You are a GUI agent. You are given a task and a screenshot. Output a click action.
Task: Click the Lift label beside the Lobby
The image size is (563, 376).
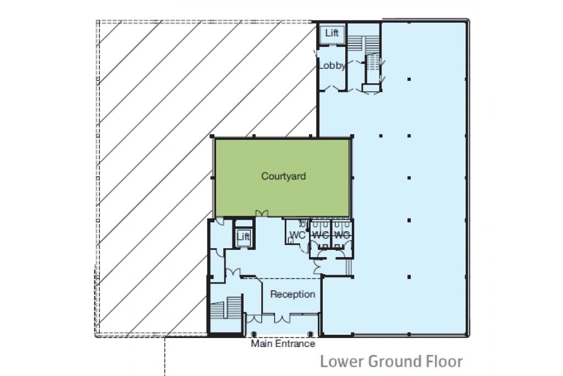pos(332,33)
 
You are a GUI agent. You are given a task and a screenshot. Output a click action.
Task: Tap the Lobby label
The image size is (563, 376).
pos(332,66)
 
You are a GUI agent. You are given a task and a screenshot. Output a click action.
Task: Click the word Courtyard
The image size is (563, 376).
pos(284,176)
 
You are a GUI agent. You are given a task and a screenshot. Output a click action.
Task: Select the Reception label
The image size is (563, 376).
pos(292,295)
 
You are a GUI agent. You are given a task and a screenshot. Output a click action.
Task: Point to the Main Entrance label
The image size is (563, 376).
pos(283,344)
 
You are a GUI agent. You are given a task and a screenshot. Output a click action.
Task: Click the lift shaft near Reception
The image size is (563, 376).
pos(243,237)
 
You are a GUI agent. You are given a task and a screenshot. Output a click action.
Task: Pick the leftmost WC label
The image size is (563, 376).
pos(297,236)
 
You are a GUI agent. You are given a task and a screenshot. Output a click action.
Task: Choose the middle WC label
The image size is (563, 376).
pos(321,236)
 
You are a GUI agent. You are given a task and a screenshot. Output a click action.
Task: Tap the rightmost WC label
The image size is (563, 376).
pos(341,236)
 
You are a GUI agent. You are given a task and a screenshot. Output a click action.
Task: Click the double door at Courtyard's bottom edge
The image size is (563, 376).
pos(262,214)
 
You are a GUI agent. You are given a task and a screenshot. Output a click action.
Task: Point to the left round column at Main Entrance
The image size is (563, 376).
pos(253,334)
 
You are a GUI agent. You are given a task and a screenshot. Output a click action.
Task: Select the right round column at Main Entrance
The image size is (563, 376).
pos(311,334)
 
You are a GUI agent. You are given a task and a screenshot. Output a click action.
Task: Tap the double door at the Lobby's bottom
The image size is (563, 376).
pos(332,89)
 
